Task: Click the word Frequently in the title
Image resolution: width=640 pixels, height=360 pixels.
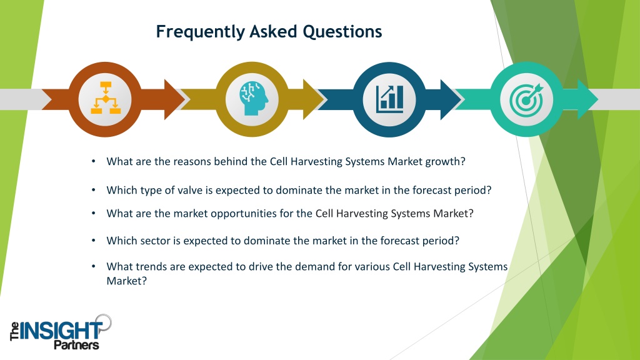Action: pos(200,32)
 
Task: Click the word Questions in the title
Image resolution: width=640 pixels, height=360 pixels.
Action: pos(342,31)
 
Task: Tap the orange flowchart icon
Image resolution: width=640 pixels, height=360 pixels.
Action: pos(105,97)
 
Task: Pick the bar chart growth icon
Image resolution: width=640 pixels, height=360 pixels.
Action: pos(390,99)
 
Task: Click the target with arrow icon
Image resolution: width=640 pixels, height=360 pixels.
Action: pos(527,99)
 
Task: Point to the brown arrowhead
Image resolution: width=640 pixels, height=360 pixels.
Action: pos(175,99)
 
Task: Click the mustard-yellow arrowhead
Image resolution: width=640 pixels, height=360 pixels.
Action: pos(313,99)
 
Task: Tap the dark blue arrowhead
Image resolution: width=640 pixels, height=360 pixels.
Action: pos(451,99)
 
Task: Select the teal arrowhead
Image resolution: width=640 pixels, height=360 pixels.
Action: pos(588,99)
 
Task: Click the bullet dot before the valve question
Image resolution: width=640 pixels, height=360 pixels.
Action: pos(94,190)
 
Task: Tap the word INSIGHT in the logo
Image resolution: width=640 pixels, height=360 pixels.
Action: pos(61,331)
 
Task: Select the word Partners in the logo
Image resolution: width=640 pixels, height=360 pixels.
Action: pos(76,345)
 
